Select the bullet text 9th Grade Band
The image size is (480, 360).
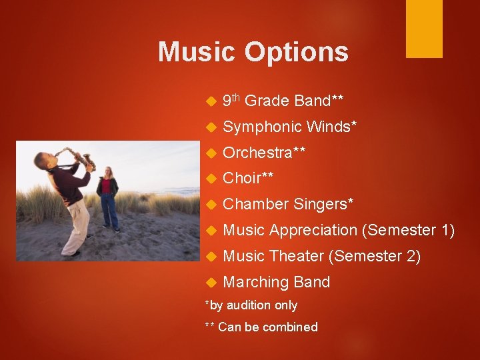(283, 101)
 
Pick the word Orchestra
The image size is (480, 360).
(257, 153)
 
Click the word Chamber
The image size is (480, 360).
(255, 204)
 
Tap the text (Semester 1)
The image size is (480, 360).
(408, 231)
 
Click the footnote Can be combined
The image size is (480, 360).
(267, 327)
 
